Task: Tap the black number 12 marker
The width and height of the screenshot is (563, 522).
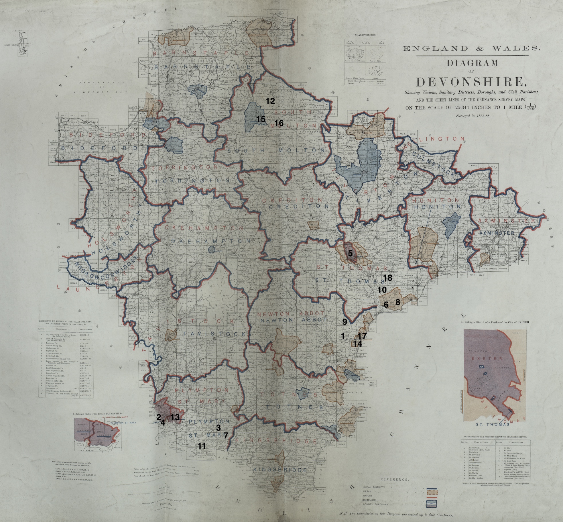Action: coord(270,101)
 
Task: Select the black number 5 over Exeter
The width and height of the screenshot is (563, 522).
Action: coord(350,253)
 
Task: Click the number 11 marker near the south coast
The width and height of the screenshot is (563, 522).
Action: coord(202,446)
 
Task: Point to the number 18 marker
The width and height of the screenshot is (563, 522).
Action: coord(387,278)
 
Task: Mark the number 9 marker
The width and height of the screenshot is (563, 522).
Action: coord(345,322)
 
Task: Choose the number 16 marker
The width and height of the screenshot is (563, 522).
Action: coord(279,123)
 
